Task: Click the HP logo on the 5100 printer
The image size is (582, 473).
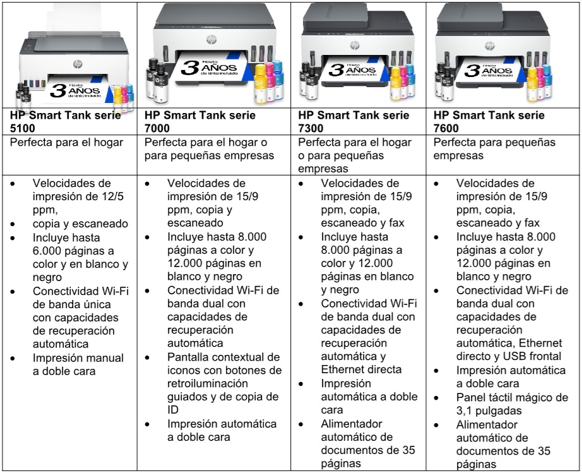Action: pyautogui.click(x=77, y=64)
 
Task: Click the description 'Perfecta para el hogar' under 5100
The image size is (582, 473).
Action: pyautogui.click(x=67, y=142)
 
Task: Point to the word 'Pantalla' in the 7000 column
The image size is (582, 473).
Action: pyautogui.click(x=188, y=357)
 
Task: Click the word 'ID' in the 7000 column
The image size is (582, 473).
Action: pyautogui.click(x=173, y=410)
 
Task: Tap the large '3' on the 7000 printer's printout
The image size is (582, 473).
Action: pyautogui.click(x=190, y=68)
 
